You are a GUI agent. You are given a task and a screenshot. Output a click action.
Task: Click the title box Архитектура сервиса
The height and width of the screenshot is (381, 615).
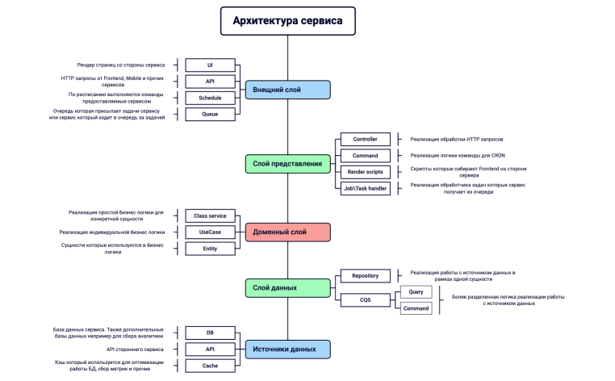(287, 21)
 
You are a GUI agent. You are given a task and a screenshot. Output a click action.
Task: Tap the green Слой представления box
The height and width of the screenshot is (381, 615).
(287, 164)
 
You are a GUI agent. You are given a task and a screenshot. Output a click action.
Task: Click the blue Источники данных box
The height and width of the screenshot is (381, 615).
(287, 349)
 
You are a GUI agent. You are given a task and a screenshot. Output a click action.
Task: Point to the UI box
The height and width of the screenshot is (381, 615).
(210, 65)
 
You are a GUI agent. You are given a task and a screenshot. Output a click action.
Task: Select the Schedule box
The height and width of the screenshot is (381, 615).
(210, 98)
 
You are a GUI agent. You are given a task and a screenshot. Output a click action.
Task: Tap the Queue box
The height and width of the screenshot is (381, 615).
(210, 115)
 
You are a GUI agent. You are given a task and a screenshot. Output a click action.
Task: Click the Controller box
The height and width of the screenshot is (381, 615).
(366, 139)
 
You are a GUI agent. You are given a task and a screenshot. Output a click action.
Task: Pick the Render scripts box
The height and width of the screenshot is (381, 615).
(366, 172)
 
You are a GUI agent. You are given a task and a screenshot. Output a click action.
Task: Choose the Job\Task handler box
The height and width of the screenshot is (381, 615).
(366, 188)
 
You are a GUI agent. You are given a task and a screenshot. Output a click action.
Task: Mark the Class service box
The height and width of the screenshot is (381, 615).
(210, 216)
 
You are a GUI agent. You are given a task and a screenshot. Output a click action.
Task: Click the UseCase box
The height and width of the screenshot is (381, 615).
(210, 232)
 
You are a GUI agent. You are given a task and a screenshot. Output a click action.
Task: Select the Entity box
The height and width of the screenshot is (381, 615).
(210, 249)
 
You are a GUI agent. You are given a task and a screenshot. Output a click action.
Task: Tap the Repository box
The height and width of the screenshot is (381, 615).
(366, 276)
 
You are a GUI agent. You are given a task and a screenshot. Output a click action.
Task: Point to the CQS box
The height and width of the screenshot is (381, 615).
(366, 300)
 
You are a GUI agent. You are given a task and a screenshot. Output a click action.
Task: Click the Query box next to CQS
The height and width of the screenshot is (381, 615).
(416, 292)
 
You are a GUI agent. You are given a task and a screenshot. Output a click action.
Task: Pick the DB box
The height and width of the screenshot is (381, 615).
(210, 333)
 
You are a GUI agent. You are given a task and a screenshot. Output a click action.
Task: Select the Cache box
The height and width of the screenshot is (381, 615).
(210, 366)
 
